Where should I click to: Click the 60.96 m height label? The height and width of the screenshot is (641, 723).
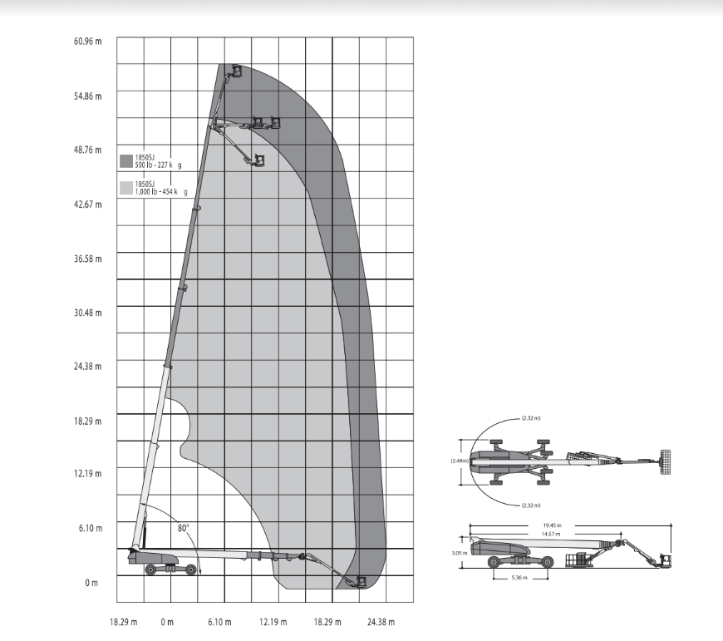(87, 41)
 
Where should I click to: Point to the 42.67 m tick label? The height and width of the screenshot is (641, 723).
(87, 205)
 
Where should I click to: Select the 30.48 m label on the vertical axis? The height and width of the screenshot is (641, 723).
(87, 313)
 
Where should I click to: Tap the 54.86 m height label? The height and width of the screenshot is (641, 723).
(87, 96)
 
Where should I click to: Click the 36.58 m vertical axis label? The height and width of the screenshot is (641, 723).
(87, 259)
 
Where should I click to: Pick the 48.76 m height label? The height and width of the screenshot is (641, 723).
(87, 150)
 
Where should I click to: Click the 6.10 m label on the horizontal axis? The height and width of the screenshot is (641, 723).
(219, 622)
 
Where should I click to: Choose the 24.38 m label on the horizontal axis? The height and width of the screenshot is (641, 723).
(381, 622)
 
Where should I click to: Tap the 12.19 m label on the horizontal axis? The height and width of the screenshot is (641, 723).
(273, 622)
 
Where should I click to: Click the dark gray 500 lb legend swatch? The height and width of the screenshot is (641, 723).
(126, 161)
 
